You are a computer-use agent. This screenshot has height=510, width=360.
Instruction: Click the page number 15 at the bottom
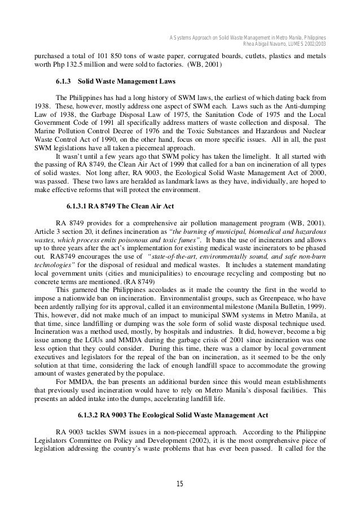[180, 483]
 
